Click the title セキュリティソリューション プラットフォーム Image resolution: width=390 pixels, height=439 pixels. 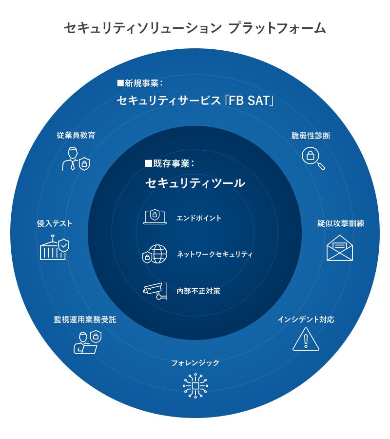pyautogui.click(x=195, y=28)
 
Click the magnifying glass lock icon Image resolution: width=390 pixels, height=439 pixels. pyautogui.click(x=313, y=159)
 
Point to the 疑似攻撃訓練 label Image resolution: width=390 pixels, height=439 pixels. pyautogui.click(x=340, y=223)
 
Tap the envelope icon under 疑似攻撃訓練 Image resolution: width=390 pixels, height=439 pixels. pyautogui.click(x=340, y=248)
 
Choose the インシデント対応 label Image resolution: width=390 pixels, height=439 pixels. pyautogui.click(x=306, y=320)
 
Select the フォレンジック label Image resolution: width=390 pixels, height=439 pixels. pyautogui.click(x=195, y=363)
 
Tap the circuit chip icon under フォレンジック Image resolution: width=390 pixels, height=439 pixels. pyautogui.click(x=195, y=386)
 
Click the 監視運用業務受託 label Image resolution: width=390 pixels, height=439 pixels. pyautogui.click(x=85, y=320)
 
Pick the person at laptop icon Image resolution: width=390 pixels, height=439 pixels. pyautogui.click(x=87, y=341)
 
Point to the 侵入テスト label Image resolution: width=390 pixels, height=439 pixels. pyautogui.click(x=55, y=223)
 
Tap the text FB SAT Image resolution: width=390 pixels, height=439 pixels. pyautogui.click(x=254, y=101)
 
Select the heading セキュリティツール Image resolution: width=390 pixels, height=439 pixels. pyautogui.click(x=195, y=183)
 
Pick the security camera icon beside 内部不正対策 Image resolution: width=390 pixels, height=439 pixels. pyautogui.click(x=155, y=291)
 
